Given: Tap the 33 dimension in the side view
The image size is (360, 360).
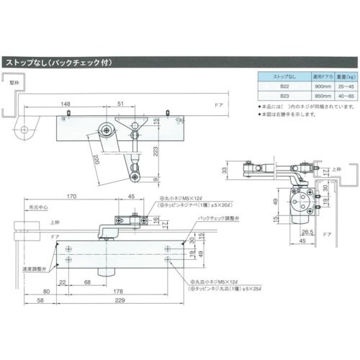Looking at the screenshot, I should tap(225, 171).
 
